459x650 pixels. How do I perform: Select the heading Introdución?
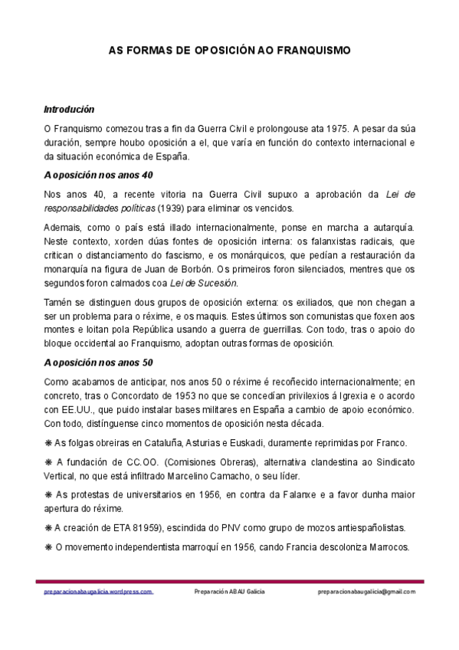[69, 110]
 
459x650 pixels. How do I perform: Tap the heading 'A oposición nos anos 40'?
[99, 176]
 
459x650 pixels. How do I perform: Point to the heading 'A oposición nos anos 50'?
[99, 363]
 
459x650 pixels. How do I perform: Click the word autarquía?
[390, 228]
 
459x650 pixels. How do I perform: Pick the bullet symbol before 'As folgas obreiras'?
[48, 443]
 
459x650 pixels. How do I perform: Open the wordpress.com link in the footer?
[98, 592]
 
